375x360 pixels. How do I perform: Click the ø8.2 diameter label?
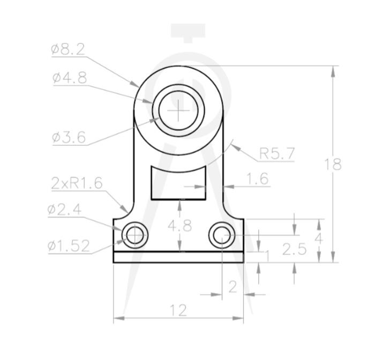[68, 50]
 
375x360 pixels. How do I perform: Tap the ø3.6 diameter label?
[69, 138]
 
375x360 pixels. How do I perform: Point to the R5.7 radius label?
[276, 154]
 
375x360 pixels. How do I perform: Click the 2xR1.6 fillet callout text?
[77, 183]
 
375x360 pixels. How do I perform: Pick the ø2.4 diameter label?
[64, 209]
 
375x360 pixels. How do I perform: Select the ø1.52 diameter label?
[68, 246]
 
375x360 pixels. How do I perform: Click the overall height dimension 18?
[333, 164]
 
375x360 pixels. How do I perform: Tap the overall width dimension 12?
[178, 310]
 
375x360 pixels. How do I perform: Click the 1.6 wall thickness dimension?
[258, 179]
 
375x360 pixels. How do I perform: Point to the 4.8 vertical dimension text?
[179, 226]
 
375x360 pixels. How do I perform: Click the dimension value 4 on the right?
[319, 236]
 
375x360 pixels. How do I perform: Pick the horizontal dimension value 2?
[232, 287]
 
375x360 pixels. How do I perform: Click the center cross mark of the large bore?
[178, 110]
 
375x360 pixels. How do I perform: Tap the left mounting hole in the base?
[134, 235]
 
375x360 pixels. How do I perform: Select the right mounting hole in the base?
[222, 235]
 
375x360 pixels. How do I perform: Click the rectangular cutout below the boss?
[178, 183]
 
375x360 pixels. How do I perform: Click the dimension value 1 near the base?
[267, 256]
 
